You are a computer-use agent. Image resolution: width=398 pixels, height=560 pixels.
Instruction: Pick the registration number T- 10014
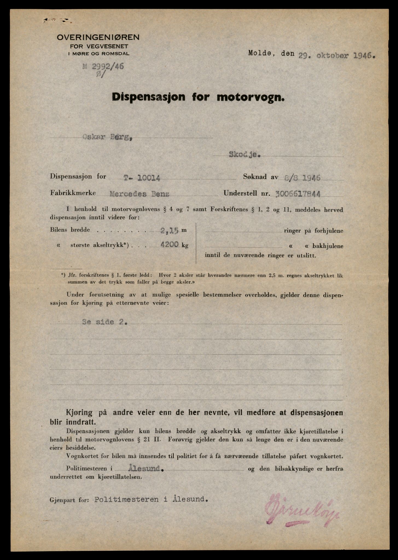coord(141,178)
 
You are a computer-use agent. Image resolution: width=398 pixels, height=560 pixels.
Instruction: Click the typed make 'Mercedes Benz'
coord(139,194)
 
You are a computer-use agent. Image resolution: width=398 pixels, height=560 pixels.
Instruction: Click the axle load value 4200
coord(170,245)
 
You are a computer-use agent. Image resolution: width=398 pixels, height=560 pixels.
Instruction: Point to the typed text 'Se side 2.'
coord(104,322)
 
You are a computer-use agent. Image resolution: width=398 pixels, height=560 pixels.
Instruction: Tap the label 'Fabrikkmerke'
coord(73,193)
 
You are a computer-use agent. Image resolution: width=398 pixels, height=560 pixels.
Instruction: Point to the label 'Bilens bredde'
coord(70,230)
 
